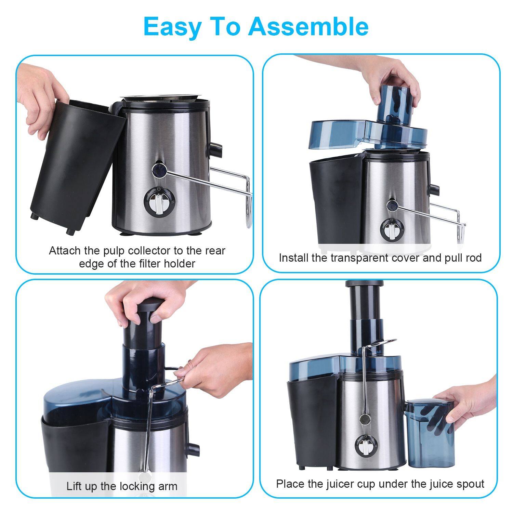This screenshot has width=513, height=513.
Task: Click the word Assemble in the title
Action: pos(308,26)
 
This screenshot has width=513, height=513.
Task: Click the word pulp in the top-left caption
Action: pos(114,251)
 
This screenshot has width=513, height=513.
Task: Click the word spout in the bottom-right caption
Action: pos(471,484)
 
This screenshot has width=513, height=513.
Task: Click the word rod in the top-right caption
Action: pos(474,258)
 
